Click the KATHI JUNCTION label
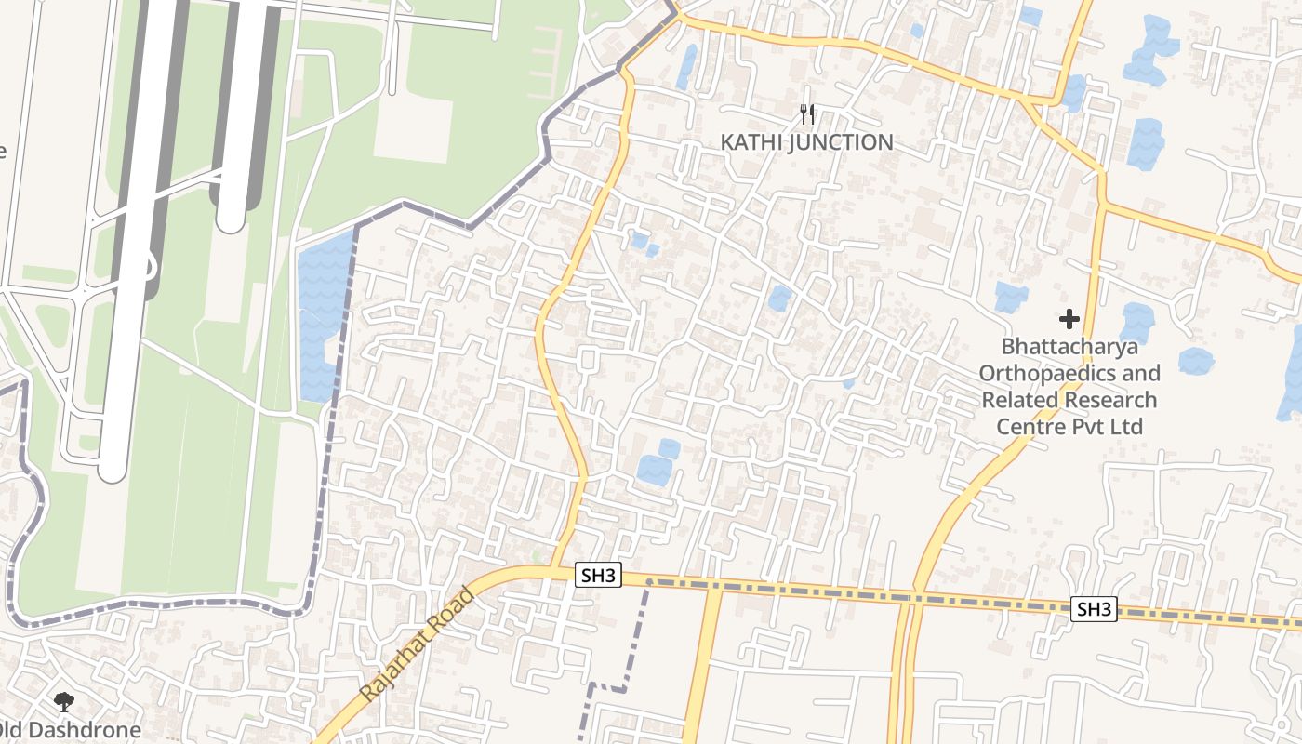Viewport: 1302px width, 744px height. pyautogui.click(x=806, y=142)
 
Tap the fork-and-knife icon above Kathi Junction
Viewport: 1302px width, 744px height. pyautogui.click(x=807, y=114)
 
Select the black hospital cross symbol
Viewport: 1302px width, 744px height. pyautogui.click(x=1069, y=319)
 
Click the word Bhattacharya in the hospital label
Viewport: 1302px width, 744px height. pyautogui.click(x=1069, y=347)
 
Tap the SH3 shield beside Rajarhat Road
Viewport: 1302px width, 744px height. pyautogui.click(x=598, y=575)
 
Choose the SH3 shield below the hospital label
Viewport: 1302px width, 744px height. pyautogui.click(x=1094, y=609)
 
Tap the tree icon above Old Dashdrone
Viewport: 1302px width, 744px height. pyautogui.click(x=63, y=702)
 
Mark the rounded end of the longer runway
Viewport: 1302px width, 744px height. pyautogui.click(x=113, y=470)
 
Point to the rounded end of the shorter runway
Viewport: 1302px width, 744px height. pyautogui.click(x=231, y=219)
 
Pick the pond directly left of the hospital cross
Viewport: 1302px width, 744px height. pyautogui.click(x=1011, y=297)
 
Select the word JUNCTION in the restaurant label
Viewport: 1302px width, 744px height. pyautogui.click(x=840, y=142)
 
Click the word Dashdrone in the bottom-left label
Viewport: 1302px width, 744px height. pyautogui.click(x=91, y=730)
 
